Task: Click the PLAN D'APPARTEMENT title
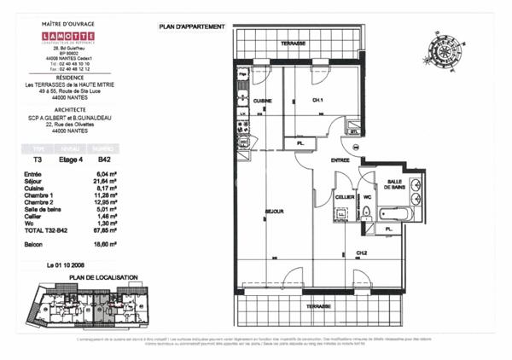pyautogui.click(x=192, y=27)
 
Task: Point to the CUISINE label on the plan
pyautogui.click(x=263, y=101)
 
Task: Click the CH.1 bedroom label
pyautogui.click(x=317, y=101)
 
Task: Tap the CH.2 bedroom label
pyautogui.click(x=362, y=253)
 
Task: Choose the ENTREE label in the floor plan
pyautogui.click(x=317, y=160)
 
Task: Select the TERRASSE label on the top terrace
pyautogui.click(x=295, y=42)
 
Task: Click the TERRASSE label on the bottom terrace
pyautogui.click(x=319, y=305)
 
